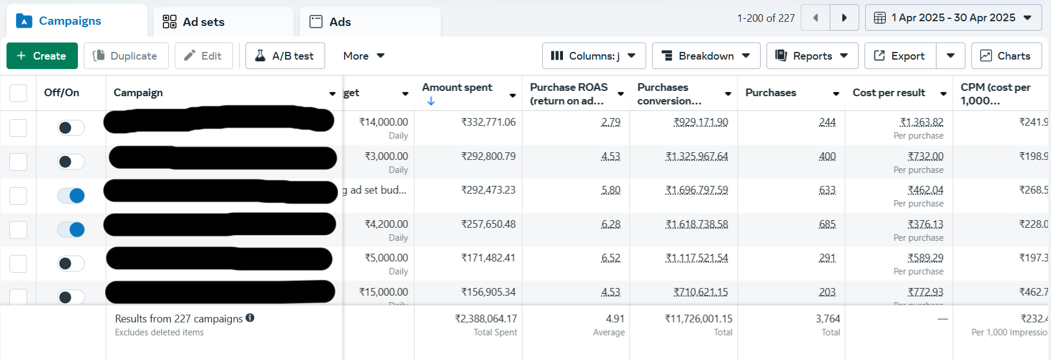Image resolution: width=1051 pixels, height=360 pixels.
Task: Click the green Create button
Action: (x=42, y=56)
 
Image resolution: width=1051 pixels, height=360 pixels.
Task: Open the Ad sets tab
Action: (x=202, y=22)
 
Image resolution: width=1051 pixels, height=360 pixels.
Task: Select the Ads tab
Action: (x=339, y=22)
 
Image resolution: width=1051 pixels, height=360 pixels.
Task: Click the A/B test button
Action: (x=285, y=56)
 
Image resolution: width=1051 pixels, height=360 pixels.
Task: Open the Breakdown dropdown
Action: (x=705, y=56)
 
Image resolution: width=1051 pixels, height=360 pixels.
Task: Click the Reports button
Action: (x=811, y=56)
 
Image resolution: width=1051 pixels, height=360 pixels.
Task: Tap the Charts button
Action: (x=1006, y=56)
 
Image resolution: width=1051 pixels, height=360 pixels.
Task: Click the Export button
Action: (x=900, y=56)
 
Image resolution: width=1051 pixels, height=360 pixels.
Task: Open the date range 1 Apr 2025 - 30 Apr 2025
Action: (x=952, y=18)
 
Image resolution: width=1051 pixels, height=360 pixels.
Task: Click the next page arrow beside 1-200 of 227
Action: (x=844, y=18)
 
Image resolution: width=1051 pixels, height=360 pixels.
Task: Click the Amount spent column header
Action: (x=457, y=88)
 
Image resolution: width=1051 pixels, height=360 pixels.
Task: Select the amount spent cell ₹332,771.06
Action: (x=488, y=122)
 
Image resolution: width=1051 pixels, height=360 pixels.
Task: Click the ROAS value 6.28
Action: (x=611, y=225)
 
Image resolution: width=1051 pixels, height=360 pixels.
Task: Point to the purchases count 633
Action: (x=827, y=191)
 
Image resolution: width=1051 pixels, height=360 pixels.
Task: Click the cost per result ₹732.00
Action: (x=925, y=156)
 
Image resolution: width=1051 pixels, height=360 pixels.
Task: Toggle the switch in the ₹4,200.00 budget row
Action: (x=71, y=230)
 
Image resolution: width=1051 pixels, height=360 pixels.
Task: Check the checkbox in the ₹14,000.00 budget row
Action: (x=18, y=127)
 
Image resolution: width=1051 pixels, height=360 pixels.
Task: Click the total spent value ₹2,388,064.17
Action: (x=486, y=319)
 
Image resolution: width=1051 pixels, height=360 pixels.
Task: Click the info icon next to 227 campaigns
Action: (x=250, y=318)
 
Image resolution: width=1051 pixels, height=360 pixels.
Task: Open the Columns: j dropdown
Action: (x=593, y=56)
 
